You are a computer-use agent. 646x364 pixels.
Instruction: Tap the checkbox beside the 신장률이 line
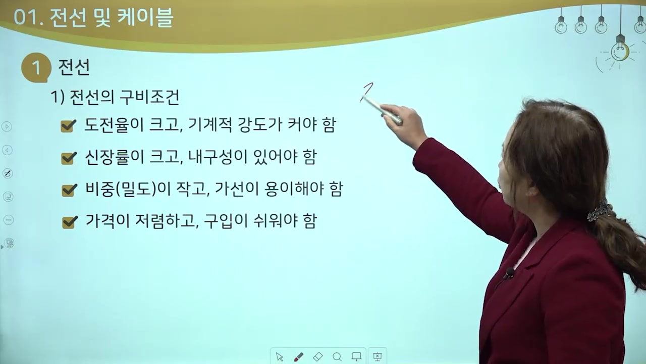(x=68, y=158)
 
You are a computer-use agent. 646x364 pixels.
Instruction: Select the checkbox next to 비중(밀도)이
(x=68, y=190)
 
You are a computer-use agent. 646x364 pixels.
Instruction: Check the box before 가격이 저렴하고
(x=69, y=221)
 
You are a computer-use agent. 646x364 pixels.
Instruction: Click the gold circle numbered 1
(x=36, y=68)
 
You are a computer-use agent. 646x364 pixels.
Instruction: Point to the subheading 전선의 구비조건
(x=124, y=97)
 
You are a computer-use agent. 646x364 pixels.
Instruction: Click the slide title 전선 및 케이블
(x=112, y=18)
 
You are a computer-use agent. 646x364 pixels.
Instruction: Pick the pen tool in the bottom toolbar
(x=298, y=357)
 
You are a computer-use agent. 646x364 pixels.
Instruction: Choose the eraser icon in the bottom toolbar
(x=318, y=357)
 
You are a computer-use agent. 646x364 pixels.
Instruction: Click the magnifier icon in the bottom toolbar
(x=337, y=357)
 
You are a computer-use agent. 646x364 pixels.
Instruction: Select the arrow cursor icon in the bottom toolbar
(x=280, y=357)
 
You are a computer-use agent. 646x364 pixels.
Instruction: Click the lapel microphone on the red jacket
(x=509, y=273)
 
